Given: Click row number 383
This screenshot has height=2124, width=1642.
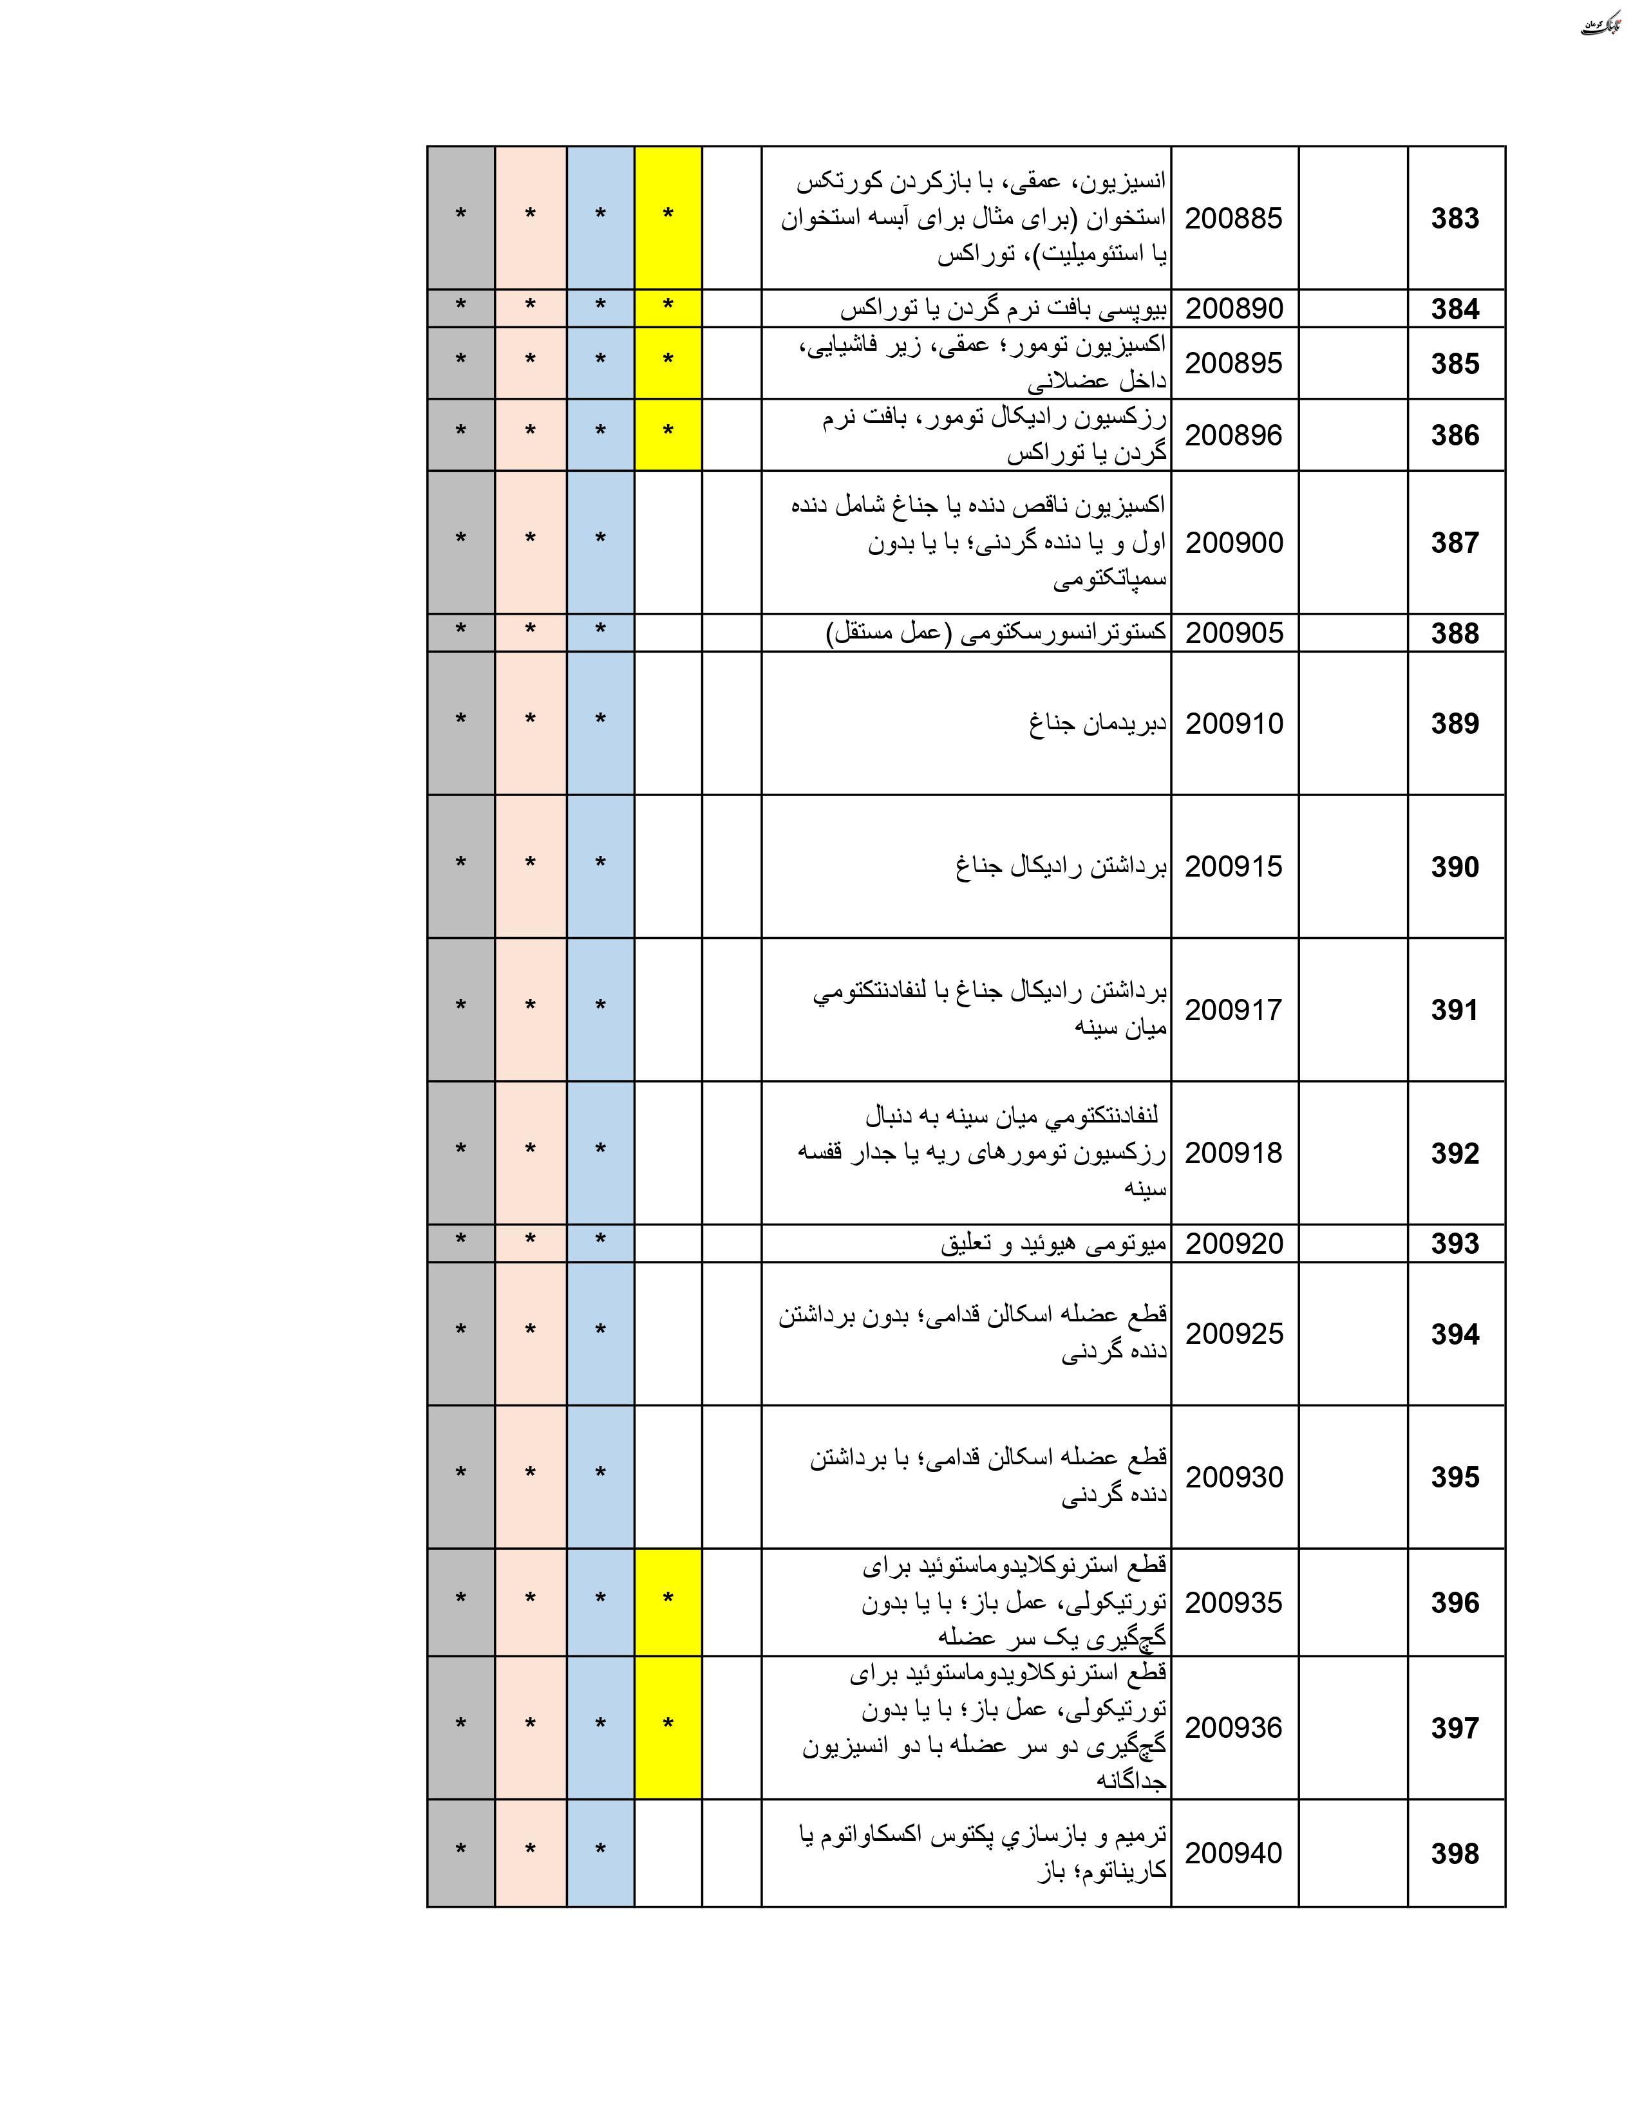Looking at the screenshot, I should [x=1454, y=219].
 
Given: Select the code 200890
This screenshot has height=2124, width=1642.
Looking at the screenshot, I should [x=1234, y=308].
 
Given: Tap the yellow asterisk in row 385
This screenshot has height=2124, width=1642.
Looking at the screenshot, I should [x=667, y=360].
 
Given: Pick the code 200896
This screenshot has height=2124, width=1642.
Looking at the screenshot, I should [x=1234, y=434].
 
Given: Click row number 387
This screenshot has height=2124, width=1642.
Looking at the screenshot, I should [x=1454, y=543].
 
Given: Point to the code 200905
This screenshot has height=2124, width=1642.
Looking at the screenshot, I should [x=1234, y=633].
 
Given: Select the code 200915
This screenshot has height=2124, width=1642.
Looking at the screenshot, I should [x=1234, y=866].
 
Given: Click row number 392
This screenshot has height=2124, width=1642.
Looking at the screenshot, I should [x=1454, y=1153].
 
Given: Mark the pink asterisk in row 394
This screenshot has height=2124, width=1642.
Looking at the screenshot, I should [x=530, y=1330].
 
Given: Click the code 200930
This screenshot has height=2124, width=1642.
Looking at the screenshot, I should [x=1234, y=1477].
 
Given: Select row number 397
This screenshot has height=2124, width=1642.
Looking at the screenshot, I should [x=1454, y=1728].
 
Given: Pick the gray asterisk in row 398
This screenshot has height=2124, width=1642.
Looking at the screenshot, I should [x=460, y=1850].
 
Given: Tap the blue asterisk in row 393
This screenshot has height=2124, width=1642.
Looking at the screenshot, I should [x=600, y=1240].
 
